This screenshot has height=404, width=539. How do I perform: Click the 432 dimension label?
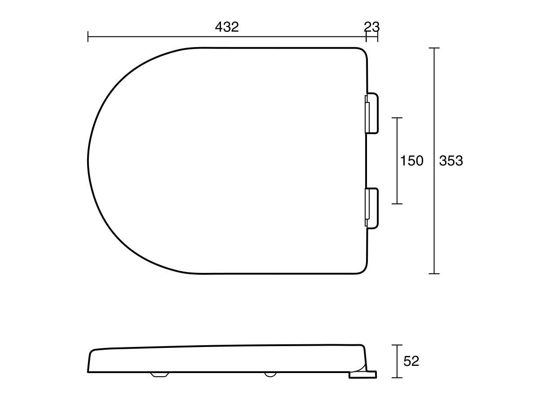tap(227, 27)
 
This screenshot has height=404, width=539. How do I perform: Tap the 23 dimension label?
tap(371, 27)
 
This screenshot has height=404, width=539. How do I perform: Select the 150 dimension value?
tap(412, 161)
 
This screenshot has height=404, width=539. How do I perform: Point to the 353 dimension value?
tap(451, 161)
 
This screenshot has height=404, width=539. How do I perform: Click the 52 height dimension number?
tap(411, 361)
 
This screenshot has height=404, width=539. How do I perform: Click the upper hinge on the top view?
tap(372, 114)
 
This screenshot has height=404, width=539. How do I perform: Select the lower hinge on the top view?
tap(372, 208)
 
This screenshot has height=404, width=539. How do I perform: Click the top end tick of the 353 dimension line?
tap(433, 48)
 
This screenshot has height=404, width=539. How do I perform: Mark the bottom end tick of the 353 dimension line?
tap(433, 273)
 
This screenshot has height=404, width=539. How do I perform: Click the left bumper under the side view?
tap(158, 374)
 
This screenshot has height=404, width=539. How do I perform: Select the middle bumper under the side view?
tap(270, 374)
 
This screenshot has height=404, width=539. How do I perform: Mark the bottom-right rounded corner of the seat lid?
tap(363, 268)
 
